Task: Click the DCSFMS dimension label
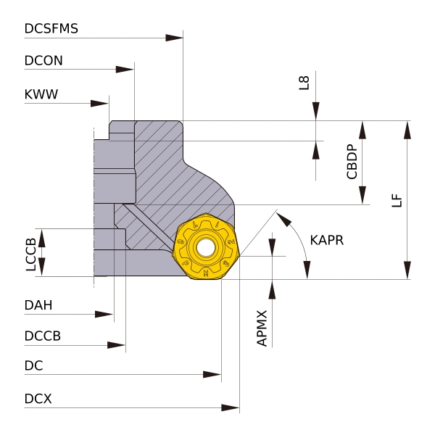point(51,29)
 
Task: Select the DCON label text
point(43,62)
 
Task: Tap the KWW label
point(41,95)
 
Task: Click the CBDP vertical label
point(352,162)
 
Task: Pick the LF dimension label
point(397,200)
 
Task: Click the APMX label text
point(262,328)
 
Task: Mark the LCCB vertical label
point(30,254)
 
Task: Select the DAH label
point(38,305)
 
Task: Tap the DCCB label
point(42,336)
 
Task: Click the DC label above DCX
point(33,366)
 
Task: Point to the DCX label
point(38,399)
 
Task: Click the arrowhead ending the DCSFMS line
point(175,38)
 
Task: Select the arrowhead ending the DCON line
point(125,70)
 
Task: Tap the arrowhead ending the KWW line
point(100,103)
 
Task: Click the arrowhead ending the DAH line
point(104,314)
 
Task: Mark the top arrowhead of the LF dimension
point(408,130)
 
